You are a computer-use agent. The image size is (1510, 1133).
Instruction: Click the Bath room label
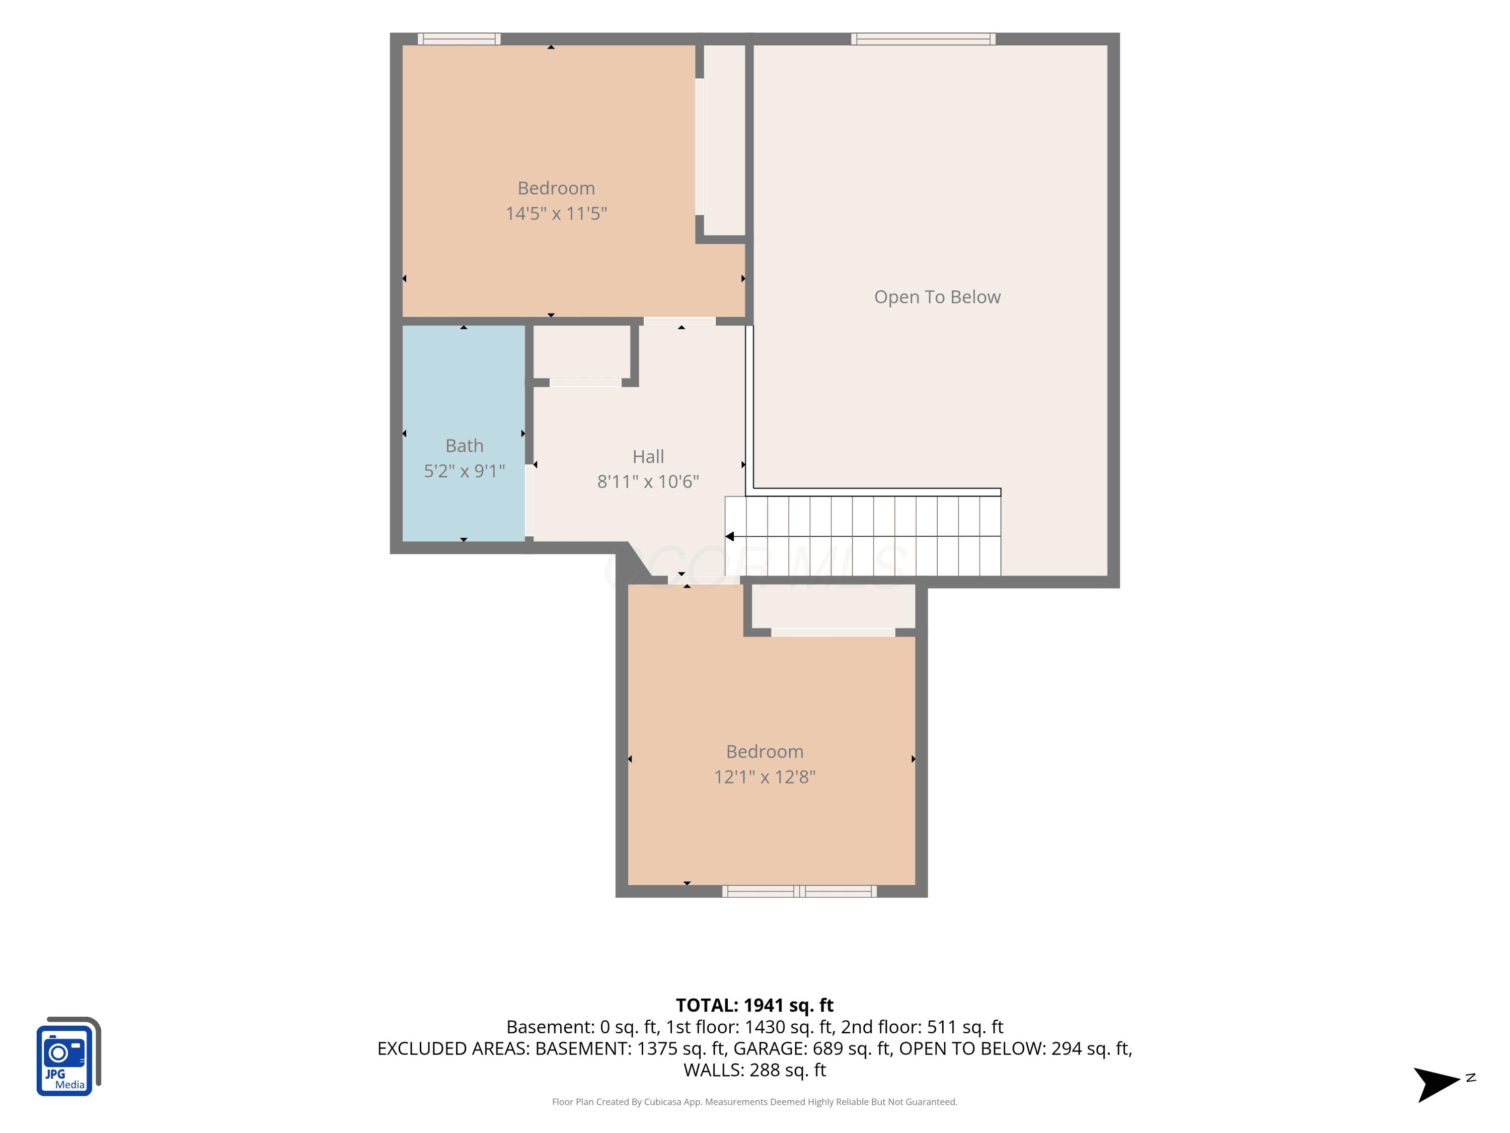tap(464, 446)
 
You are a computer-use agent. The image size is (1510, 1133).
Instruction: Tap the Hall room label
tap(648, 457)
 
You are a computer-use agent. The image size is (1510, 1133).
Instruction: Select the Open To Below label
tap(937, 297)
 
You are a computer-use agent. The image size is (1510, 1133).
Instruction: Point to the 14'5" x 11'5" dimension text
tap(556, 214)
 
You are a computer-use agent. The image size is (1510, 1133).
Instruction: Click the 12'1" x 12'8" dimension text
tap(765, 777)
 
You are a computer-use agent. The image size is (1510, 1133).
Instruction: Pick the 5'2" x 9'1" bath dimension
tap(464, 471)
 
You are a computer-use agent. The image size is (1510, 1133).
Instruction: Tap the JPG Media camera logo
tap(68, 1056)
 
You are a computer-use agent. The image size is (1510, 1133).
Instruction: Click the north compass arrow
tap(1437, 1085)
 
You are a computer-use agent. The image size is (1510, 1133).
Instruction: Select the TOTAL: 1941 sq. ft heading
tap(754, 1005)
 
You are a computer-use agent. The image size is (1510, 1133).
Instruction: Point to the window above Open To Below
tap(923, 39)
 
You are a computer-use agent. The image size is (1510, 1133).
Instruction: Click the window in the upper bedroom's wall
tap(459, 39)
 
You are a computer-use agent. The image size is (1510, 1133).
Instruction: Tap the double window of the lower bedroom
tap(799, 891)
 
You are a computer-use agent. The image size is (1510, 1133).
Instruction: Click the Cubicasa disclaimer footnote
tap(754, 1102)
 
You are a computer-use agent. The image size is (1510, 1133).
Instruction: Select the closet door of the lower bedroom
tap(833, 632)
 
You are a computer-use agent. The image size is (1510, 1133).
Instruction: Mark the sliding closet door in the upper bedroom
tap(700, 147)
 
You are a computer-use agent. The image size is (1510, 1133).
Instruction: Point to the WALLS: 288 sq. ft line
tap(754, 1070)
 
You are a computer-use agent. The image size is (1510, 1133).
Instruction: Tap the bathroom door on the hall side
tap(529, 501)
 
